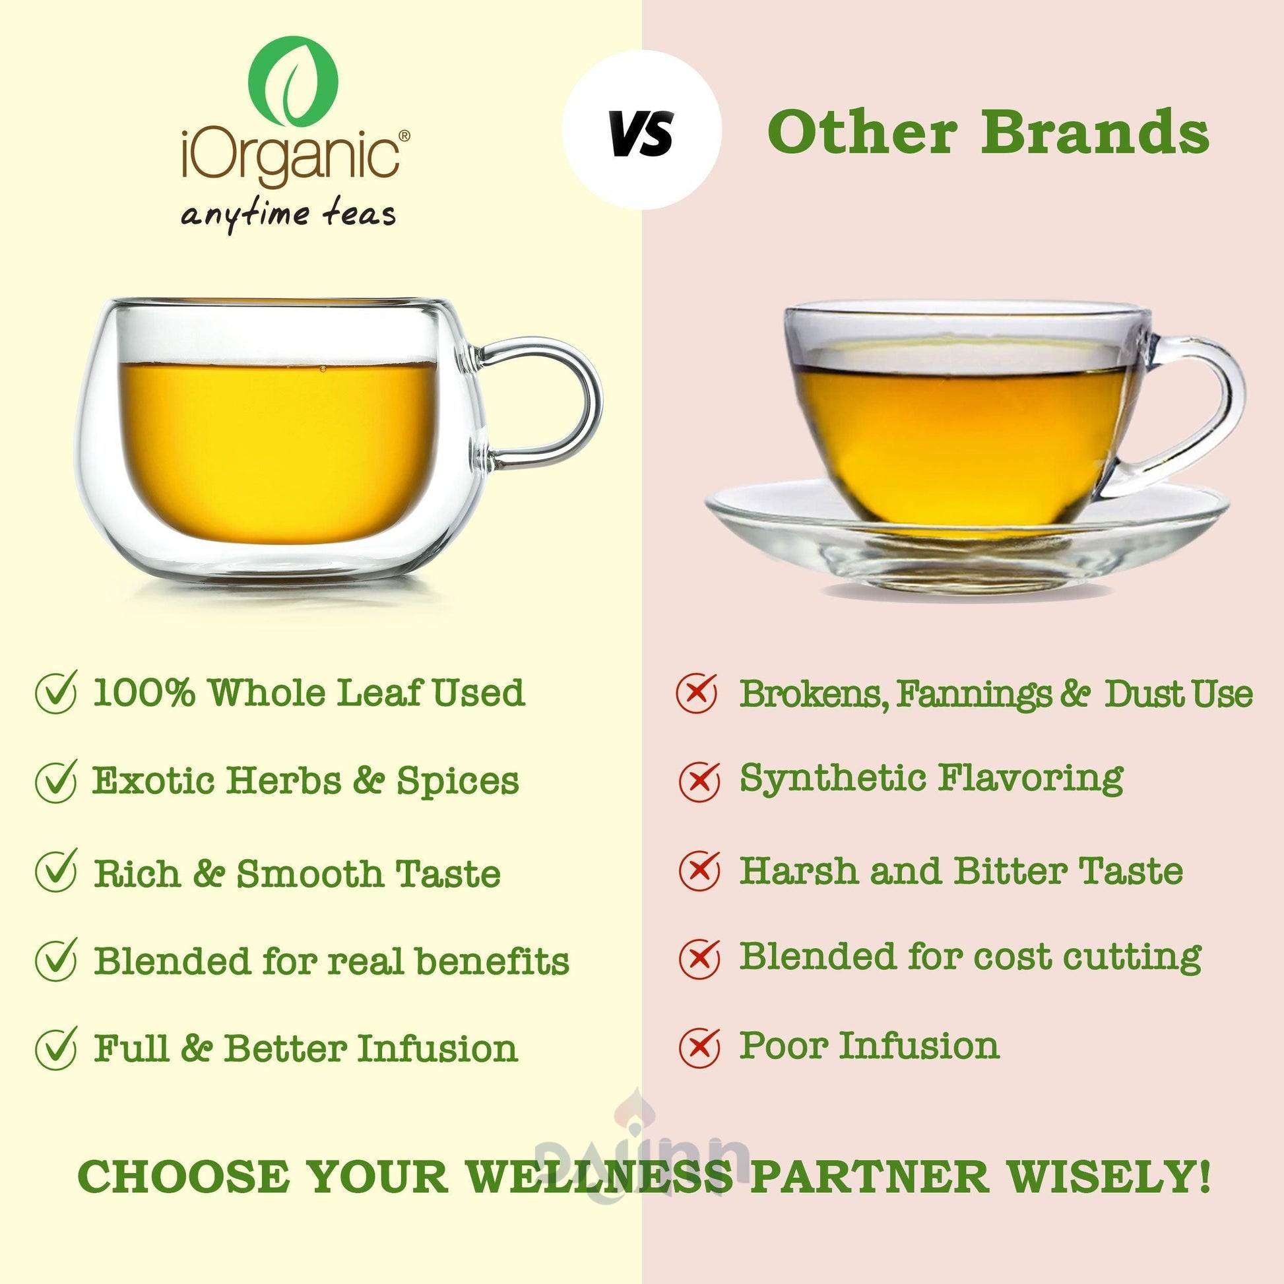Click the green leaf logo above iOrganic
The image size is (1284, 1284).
[293, 80]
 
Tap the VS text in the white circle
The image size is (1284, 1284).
[641, 132]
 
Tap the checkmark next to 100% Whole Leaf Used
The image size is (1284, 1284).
[57, 691]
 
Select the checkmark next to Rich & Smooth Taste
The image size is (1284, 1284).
[57, 870]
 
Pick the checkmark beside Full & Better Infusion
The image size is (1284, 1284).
[57, 1048]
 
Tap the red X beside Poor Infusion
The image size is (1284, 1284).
[699, 1046]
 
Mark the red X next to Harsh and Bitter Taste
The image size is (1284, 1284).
[699, 870]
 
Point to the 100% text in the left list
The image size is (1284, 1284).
[144, 693]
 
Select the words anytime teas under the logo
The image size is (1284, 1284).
[288, 214]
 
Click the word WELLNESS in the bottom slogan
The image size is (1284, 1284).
[599, 1177]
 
